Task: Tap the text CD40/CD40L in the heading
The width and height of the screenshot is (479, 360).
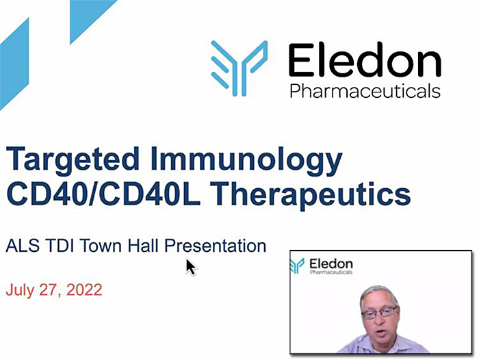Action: pyautogui.click(x=103, y=194)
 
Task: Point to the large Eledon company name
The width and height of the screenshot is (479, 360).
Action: pyautogui.click(x=365, y=60)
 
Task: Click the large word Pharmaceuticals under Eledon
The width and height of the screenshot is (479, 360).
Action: pyautogui.click(x=365, y=90)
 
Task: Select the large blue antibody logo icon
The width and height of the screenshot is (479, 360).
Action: pyautogui.click(x=239, y=68)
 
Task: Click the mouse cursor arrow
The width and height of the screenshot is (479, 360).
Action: pyautogui.click(x=191, y=268)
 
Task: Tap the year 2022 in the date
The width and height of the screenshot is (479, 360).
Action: pyautogui.click(x=84, y=290)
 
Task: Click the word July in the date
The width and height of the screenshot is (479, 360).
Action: pyautogui.click(x=20, y=290)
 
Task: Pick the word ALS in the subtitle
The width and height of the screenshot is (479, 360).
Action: pyautogui.click(x=23, y=246)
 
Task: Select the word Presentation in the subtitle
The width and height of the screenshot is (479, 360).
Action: pyautogui.click(x=216, y=246)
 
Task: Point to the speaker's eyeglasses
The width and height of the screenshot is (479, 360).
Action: pyautogui.click(x=379, y=313)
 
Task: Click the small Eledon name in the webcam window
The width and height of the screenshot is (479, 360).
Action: pyautogui.click(x=331, y=263)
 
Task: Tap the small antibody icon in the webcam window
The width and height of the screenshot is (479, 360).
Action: pyautogui.click(x=297, y=266)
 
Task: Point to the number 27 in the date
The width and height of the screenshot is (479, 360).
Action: pyautogui.click(x=50, y=290)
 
